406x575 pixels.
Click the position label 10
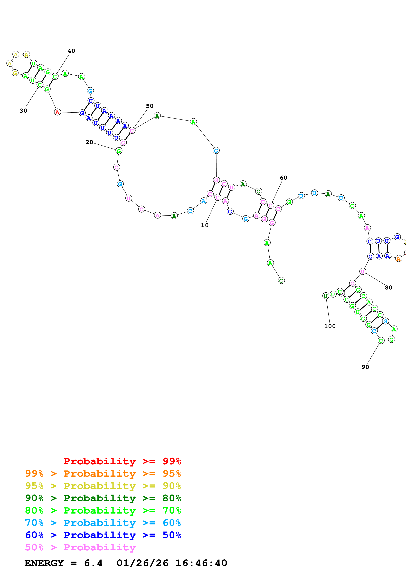pos(205,225)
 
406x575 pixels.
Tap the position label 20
pos(89,142)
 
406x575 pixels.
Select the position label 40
pos(72,51)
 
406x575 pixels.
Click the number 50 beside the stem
pos(150,106)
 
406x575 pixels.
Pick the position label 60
pos(283,178)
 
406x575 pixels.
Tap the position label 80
pos(388,287)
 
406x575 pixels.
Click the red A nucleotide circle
pos(57,112)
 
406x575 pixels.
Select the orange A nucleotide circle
pos(398,259)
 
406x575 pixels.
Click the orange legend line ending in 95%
pos(103,474)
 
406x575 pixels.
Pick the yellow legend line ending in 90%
pos(103,486)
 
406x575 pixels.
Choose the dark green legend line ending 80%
pos(103,498)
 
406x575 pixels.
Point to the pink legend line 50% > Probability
pos(80,547)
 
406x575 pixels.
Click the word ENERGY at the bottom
pos(44,563)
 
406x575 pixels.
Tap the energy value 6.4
pos(93,563)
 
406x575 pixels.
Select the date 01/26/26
pos(142,563)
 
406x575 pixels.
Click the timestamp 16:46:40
pos(201,563)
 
